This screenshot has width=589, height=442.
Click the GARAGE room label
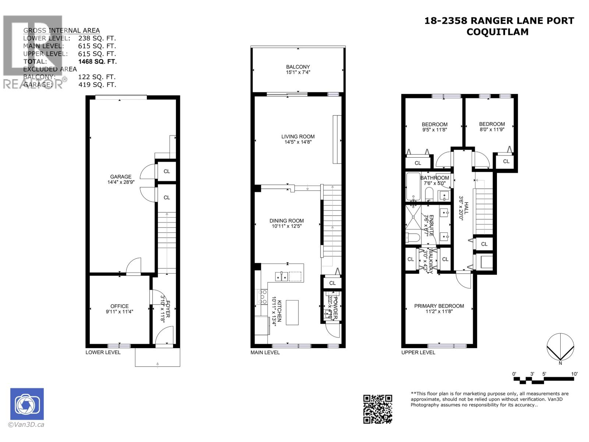pos(120,177)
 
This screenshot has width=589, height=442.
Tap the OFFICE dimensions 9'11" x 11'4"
pos(120,312)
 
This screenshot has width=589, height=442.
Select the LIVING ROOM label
pos(298,136)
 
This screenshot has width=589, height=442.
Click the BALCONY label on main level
pos(298,67)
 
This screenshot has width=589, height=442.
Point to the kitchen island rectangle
pos(292,312)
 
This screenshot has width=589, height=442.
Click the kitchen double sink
pos(282,276)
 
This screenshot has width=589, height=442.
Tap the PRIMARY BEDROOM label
pos(439,306)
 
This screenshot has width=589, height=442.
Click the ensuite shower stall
pos(414,217)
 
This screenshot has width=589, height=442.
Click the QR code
pos(378,409)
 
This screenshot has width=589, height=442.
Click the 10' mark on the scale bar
pos(574,374)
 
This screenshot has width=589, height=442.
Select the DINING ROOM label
pos(286,221)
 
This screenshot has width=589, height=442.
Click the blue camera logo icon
pos(27,404)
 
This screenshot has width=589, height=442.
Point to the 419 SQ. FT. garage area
pos(97,85)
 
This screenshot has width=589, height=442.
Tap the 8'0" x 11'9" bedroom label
pos(492,130)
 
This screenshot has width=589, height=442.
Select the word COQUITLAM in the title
pos(497,32)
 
